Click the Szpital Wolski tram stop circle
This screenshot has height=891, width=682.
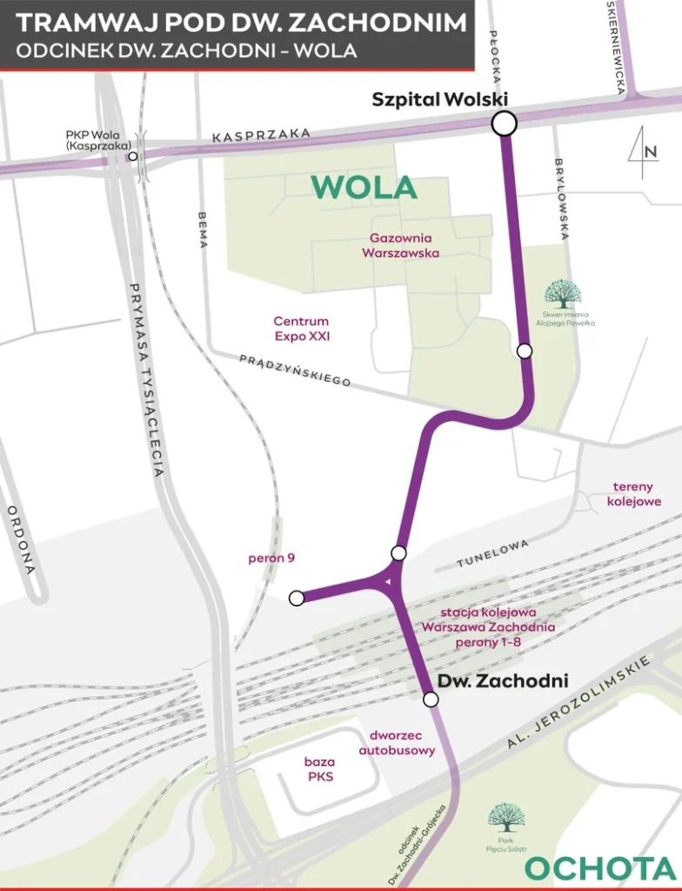pyautogui.click(x=504, y=124)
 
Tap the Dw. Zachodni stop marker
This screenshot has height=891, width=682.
pyautogui.click(x=430, y=699)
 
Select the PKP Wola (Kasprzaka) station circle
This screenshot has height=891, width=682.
pyautogui.click(x=133, y=157)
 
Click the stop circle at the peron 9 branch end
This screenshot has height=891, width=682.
pyautogui.click(x=297, y=598)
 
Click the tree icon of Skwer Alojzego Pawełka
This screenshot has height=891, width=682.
pyautogui.click(x=562, y=294)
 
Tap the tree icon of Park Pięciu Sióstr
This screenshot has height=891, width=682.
pyautogui.click(x=505, y=817)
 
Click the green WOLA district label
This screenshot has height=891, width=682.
pyautogui.click(x=364, y=187)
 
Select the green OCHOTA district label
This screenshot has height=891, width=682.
pyautogui.click(x=600, y=868)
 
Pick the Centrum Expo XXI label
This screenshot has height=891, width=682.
pyautogui.click(x=301, y=328)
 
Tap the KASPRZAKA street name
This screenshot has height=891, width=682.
pyautogui.click(x=261, y=136)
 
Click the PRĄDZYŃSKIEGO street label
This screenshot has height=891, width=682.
pyautogui.click(x=295, y=369)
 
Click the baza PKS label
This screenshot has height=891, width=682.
pyautogui.click(x=318, y=769)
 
